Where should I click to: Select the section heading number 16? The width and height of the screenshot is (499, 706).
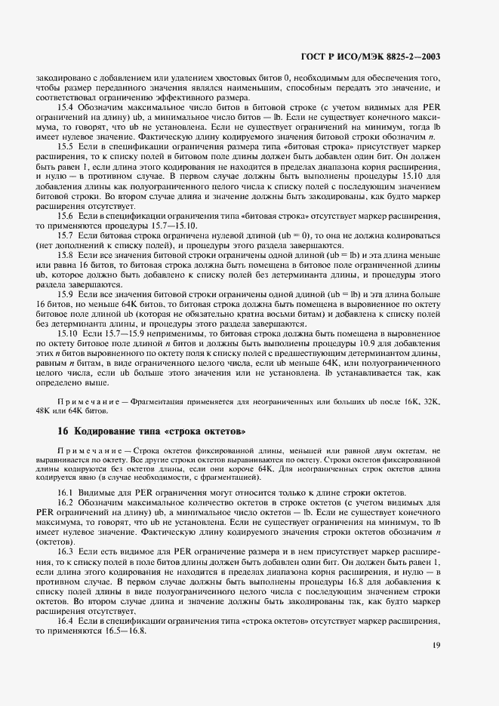click(x=63, y=431)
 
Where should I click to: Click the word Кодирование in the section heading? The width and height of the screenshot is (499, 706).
click(x=106, y=431)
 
